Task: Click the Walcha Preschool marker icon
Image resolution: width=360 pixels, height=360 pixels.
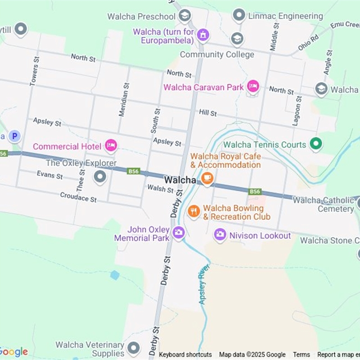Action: click(184, 16)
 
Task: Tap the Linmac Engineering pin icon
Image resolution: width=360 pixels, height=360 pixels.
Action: click(239, 16)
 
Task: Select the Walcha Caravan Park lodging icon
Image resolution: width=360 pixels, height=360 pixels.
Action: click(253, 87)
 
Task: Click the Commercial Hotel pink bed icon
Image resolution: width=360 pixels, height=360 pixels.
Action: click(111, 145)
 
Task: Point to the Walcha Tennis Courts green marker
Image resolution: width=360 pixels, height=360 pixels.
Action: click(316, 144)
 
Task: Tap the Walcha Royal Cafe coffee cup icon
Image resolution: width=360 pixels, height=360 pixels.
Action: click(207, 178)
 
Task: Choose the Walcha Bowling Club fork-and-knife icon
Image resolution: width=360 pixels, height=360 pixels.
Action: click(193, 211)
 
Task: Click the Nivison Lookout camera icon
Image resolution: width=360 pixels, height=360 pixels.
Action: click(220, 234)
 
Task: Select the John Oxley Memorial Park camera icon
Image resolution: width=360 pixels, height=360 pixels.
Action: click(178, 233)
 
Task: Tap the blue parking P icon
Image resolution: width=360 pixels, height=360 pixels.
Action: click(15, 135)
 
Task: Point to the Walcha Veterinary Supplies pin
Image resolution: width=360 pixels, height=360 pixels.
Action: click(133, 348)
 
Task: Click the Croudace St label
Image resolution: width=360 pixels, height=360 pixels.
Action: click(78, 197)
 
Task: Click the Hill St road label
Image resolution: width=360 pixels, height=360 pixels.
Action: click(208, 112)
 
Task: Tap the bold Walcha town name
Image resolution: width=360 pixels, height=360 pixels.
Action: click(180, 180)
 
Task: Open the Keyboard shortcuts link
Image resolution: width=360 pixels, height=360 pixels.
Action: click(185, 355)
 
